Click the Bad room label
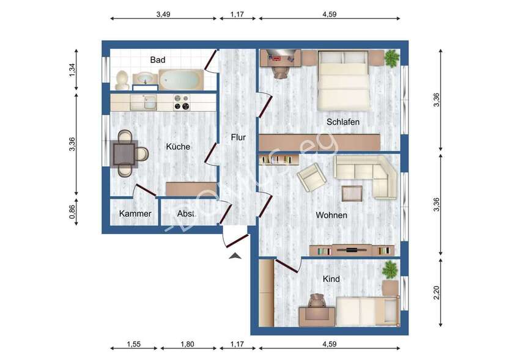158,60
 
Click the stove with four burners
181,101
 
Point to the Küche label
178,147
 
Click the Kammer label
135,214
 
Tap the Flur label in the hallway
238,138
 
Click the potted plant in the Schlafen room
391,58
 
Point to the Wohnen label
331,215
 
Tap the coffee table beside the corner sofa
353,193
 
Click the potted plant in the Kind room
389,270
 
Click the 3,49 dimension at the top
163,13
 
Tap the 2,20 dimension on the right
436,293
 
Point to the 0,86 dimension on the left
72,211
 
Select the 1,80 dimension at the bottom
187,345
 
